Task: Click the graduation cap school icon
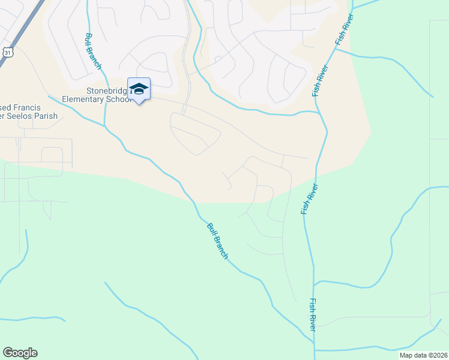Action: (x=139, y=89)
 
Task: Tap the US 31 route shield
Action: (x=7, y=52)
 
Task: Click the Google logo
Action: (x=20, y=353)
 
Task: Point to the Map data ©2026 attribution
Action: (x=414, y=355)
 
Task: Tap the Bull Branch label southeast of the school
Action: (x=217, y=241)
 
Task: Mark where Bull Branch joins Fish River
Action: (x=313, y=343)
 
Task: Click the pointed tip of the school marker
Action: (x=139, y=104)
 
